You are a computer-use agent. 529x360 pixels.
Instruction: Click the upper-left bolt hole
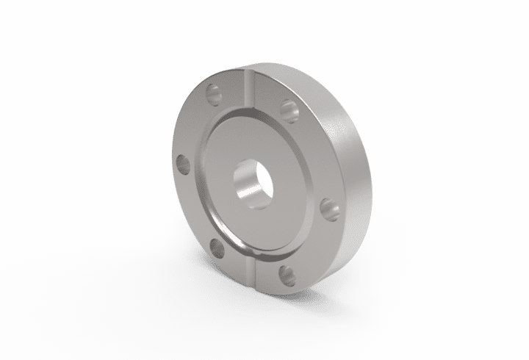click(x=214, y=93)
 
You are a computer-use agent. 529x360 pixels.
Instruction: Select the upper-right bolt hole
click(x=289, y=109)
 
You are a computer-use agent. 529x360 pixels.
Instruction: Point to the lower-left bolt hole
click(x=217, y=247)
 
